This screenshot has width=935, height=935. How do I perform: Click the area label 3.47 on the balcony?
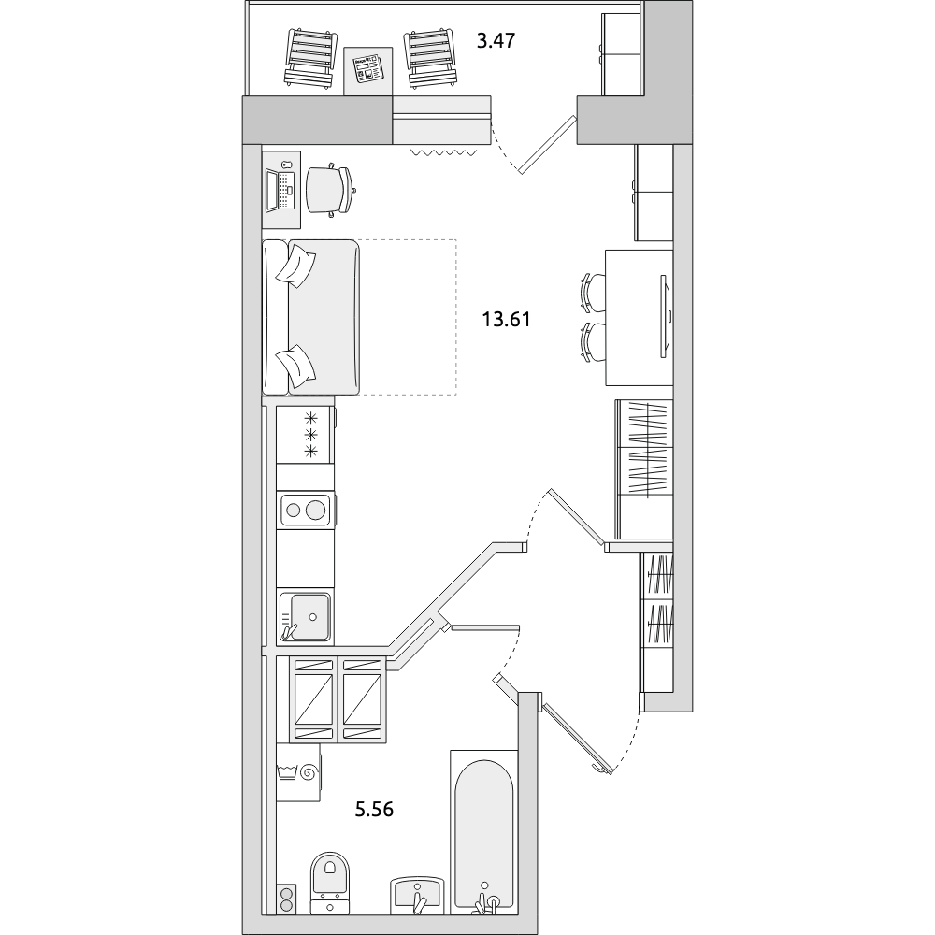point(496,41)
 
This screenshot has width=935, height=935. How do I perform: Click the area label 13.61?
point(506,320)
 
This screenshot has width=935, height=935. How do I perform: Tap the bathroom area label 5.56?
point(375,810)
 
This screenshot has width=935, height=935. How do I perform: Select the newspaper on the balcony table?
point(367,67)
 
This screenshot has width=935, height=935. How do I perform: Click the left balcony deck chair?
point(309,59)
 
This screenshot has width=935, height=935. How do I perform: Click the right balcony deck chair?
point(432,59)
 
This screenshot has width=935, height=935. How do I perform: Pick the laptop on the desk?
point(280,190)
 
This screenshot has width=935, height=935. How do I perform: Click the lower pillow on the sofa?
point(296,364)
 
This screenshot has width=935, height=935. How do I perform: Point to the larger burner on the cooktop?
point(315,510)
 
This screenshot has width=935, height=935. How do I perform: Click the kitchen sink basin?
point(309,616)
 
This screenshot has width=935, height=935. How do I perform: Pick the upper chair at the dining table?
point(592,292)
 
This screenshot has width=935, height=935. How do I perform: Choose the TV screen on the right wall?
point(666,317)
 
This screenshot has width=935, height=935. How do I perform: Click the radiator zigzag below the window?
point(443,152)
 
